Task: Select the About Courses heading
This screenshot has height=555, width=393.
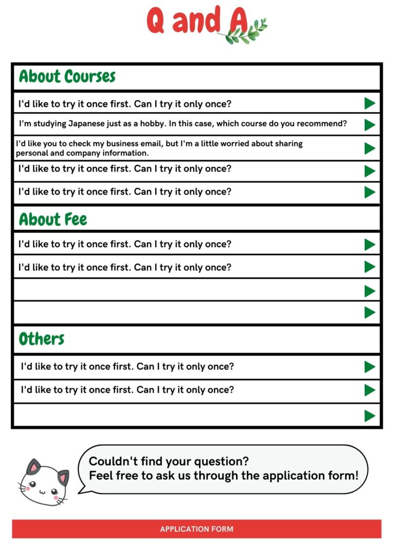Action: pyautogui.click(x=67, y=76)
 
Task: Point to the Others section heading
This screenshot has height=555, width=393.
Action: pyautogui.click(x=42, y=339)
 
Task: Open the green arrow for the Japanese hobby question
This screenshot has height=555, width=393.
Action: pyautogui.click(x=370, y=125)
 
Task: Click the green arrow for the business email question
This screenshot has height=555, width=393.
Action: pyautogui.click(x=370, y=148)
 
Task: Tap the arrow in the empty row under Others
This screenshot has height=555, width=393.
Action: pyautogui.click(x=370, y=416)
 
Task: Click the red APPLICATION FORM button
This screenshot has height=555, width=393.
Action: pyautogui.click(x=196, y=529)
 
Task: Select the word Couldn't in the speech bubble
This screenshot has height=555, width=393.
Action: pyautogui.click(x=111, y=462)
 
